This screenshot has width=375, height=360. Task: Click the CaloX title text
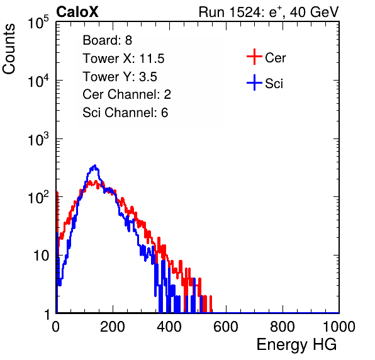[x=77, y=12]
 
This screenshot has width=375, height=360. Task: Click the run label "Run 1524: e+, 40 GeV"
[x=269, y=12]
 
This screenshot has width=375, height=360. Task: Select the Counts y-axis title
[x=9, y=49]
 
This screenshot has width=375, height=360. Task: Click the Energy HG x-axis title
[x=296, y=345]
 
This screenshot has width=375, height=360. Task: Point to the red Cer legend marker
[x=254, y=57]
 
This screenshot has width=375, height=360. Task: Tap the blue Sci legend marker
[x=254, y=83]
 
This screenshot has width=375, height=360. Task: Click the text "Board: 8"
[x=108, y=40]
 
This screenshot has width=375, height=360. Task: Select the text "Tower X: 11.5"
[x=123, y=59]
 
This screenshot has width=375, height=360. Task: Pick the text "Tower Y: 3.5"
[x=120, y=77]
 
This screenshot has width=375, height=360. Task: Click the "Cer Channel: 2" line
[x=126, y=94]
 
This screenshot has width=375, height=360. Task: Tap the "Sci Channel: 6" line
[x=125, y=113]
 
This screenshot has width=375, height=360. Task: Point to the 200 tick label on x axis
[x=113, y=327]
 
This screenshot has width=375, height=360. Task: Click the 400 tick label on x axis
[x=169, y=327]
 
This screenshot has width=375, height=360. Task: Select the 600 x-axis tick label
[x=226, y=327]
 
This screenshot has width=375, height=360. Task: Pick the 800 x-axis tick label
[x=283, y=327]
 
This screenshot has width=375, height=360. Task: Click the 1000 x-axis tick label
[x=339, y=327]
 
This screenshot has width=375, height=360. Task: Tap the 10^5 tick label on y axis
[x=38, y=23]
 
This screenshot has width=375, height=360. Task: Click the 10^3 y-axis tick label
[x=38, y=139]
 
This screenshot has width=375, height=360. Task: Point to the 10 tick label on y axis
[x=41, y=256]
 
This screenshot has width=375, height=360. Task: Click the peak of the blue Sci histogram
[x=95, y=166]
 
